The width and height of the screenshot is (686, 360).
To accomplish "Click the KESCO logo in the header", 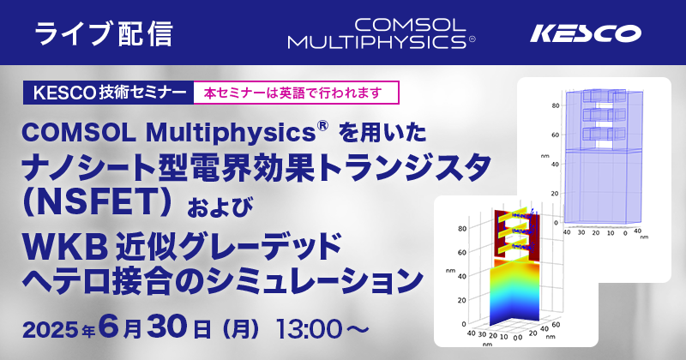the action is pyautogui.click(x=586, y=33).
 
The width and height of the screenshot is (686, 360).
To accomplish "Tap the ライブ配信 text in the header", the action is pyautogui.click(x=104, y=33).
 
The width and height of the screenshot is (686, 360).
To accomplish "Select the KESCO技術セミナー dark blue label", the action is pyautogui.click(x=109, y=93).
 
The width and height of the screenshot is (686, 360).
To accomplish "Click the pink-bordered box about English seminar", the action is pyautogui.click(x=296, y=93).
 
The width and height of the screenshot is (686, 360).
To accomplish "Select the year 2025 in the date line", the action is pyautogui.click(x=51, y=330).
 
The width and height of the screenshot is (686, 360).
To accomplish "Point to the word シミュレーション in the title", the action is pyautogui.click(x=314, y=282).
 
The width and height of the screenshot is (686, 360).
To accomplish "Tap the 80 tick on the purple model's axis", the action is pyautogui.click(x=555, y=105).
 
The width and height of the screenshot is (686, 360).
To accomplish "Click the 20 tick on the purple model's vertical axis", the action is pyautogui.click(x=555, y=194).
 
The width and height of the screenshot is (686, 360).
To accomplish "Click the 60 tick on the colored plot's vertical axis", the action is pyautogui.click(x=461, y=252).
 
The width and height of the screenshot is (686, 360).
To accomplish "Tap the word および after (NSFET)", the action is pyautogui.click(x=220, y=207).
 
